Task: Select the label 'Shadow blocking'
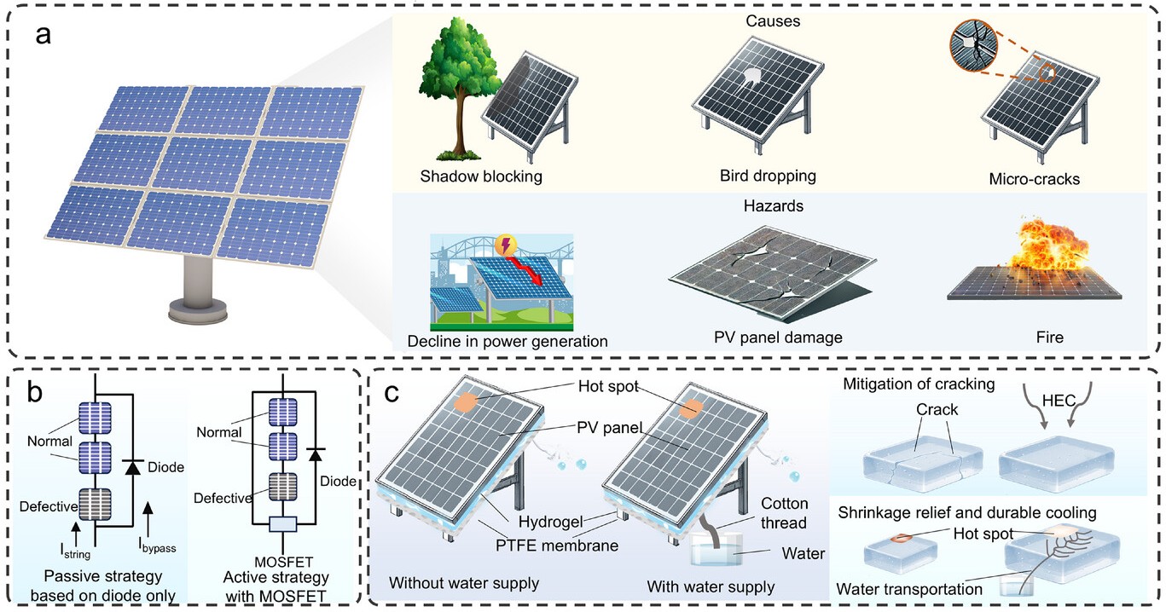(x=481, y=177)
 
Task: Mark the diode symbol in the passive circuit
(x=131, y=467)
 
